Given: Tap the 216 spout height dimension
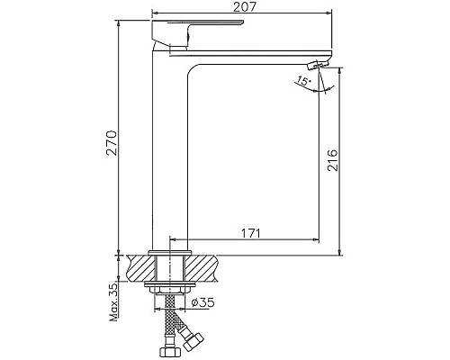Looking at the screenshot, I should pos(332,160).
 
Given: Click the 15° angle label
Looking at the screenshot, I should pos(304,83).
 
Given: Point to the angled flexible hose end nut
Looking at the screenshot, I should pos(192,340).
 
